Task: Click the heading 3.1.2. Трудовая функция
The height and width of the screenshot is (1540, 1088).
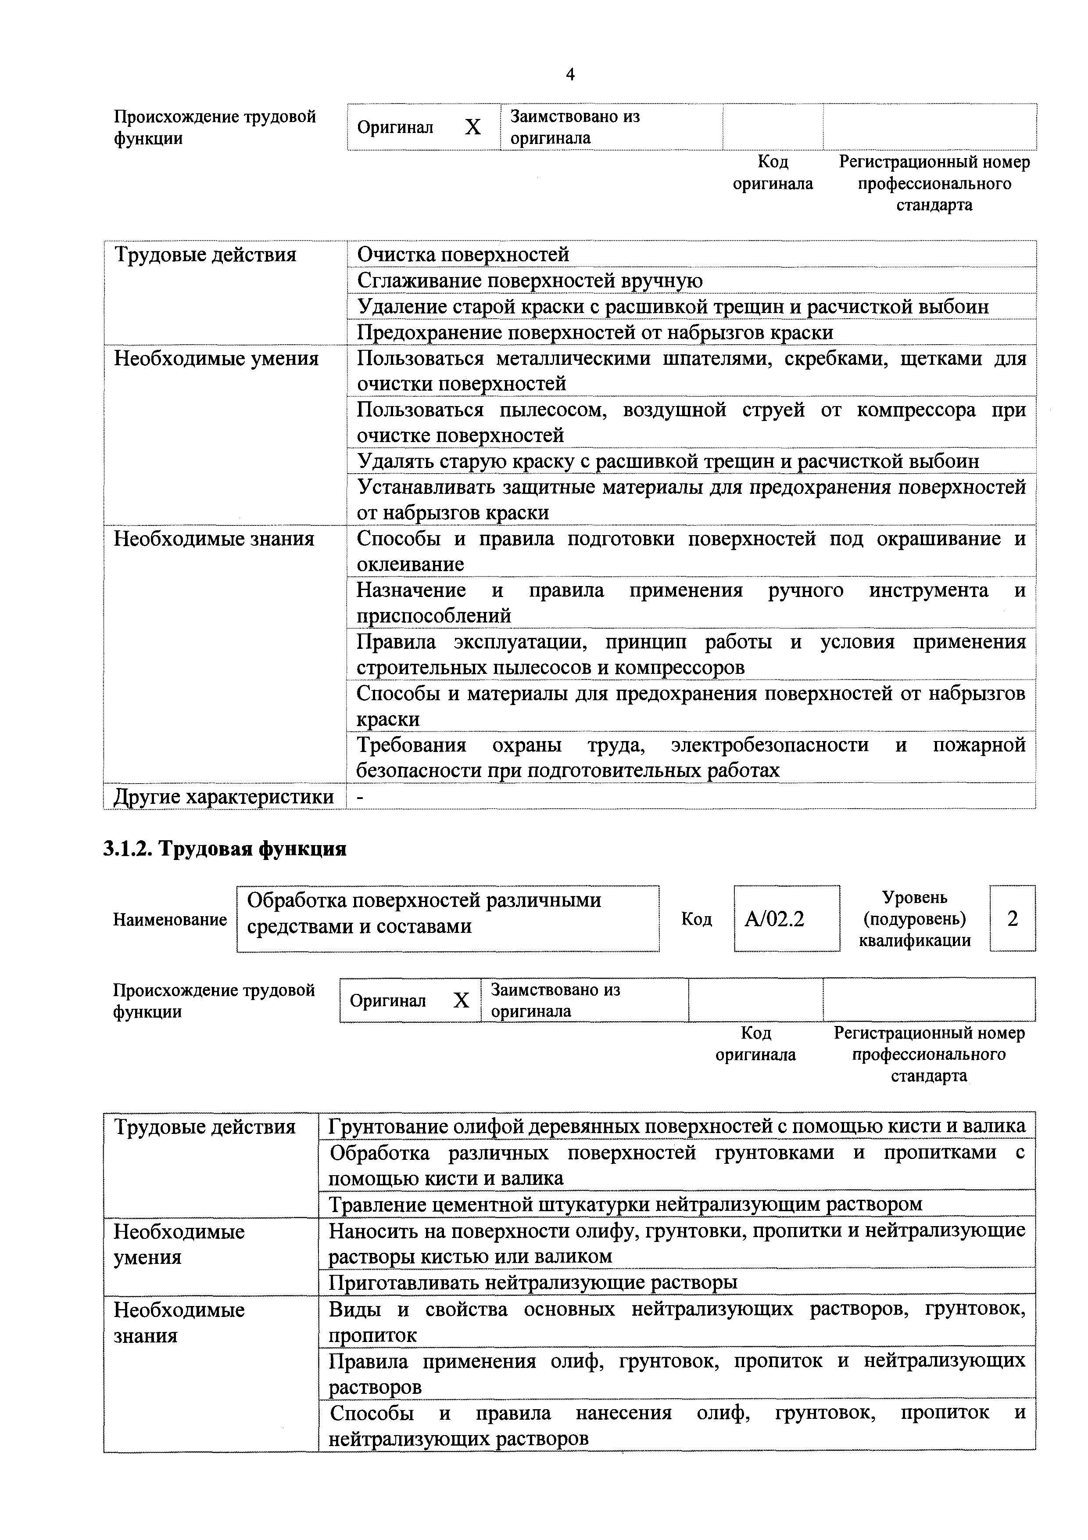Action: (225, 849)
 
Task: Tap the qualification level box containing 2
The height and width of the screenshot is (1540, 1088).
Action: (1012, 918)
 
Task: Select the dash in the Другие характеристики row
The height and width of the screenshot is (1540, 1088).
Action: (361, 796)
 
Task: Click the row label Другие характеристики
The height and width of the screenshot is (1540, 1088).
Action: (223, 796)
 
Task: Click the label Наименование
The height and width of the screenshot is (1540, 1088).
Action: (170, 920)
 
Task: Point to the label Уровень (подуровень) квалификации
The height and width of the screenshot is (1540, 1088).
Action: (914, 918)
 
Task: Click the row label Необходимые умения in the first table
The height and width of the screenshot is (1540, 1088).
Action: (216, 358)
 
